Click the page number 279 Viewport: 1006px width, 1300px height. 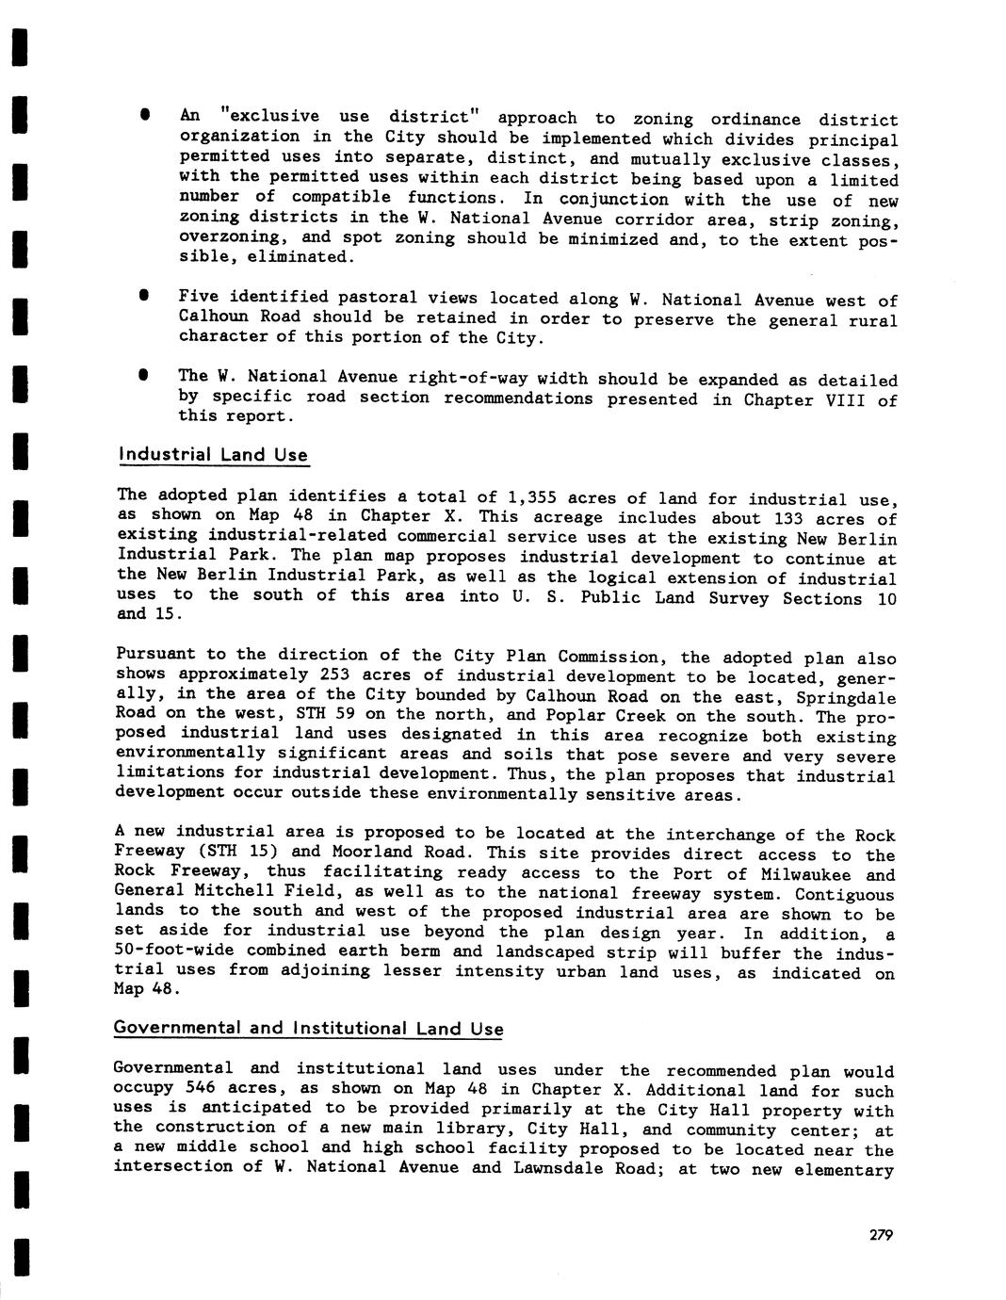881,1235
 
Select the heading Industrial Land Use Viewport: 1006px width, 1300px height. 213,455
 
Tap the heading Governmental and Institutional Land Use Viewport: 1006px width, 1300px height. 308,1028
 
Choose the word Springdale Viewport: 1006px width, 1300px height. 846,698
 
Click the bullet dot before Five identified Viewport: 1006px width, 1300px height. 145,296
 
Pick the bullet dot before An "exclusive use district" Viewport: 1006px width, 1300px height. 145,115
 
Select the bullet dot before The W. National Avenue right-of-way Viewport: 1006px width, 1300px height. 145,375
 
